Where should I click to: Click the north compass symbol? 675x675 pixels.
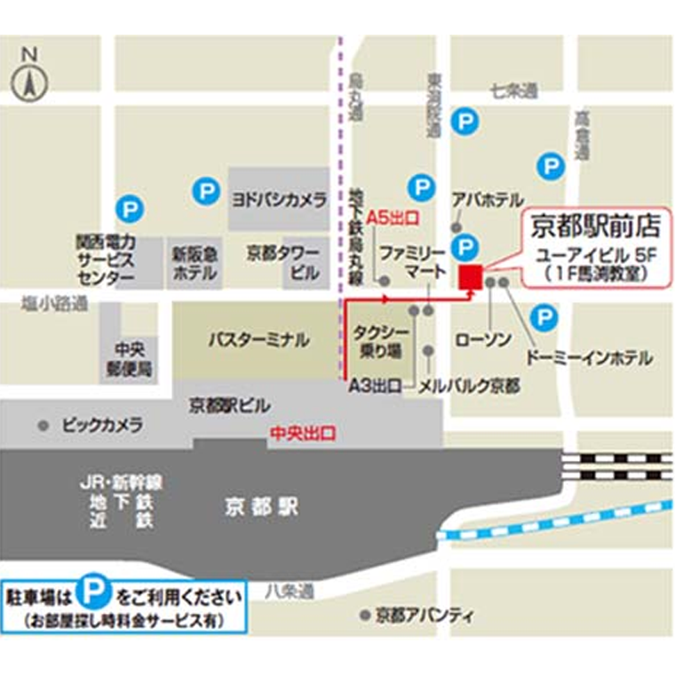[29, 81]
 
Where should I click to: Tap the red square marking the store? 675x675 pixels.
[469, 277]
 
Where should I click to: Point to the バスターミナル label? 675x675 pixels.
[258, 339]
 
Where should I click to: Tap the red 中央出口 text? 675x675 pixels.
[304, 434]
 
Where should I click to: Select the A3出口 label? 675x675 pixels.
[374, 386]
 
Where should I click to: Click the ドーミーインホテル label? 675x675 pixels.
[589, 358]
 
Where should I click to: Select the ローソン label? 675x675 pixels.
[483, 339]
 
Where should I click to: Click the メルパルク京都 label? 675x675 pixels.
[469, 386]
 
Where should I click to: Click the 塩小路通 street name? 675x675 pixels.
[55, 305]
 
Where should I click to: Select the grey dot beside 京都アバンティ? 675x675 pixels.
[364, 615]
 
